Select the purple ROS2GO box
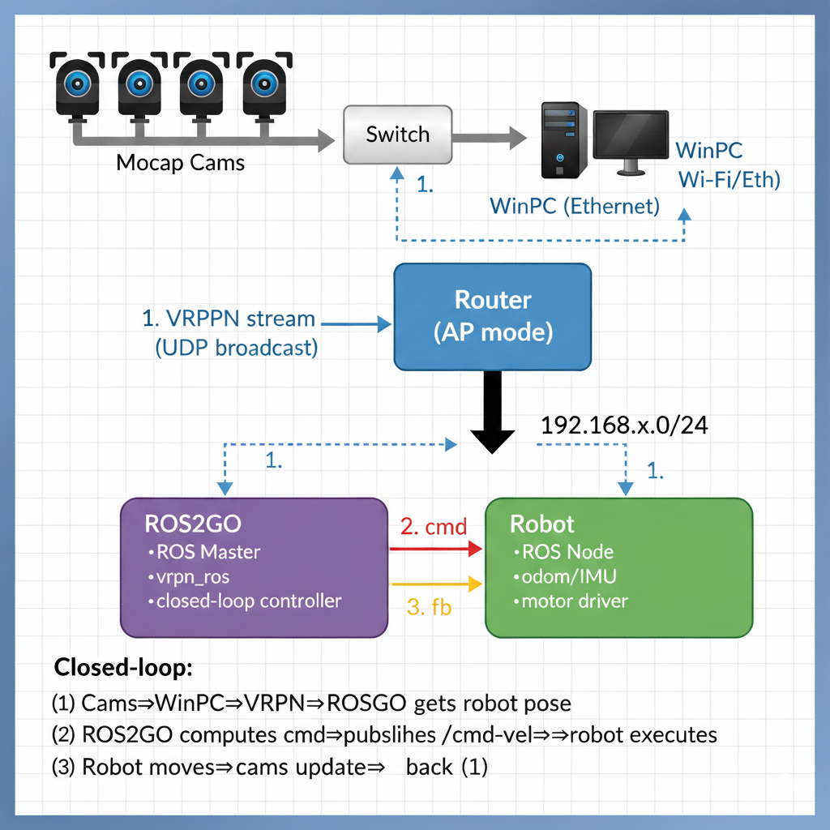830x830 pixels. (x=254, y=567)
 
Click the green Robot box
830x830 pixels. (x=618, y=567)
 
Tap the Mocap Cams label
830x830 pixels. (x=180, y=162)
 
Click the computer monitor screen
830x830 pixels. (x=631, y=135)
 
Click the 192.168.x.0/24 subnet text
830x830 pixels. (x=623, y=426)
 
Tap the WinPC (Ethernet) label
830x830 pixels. (x=575, y=206)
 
